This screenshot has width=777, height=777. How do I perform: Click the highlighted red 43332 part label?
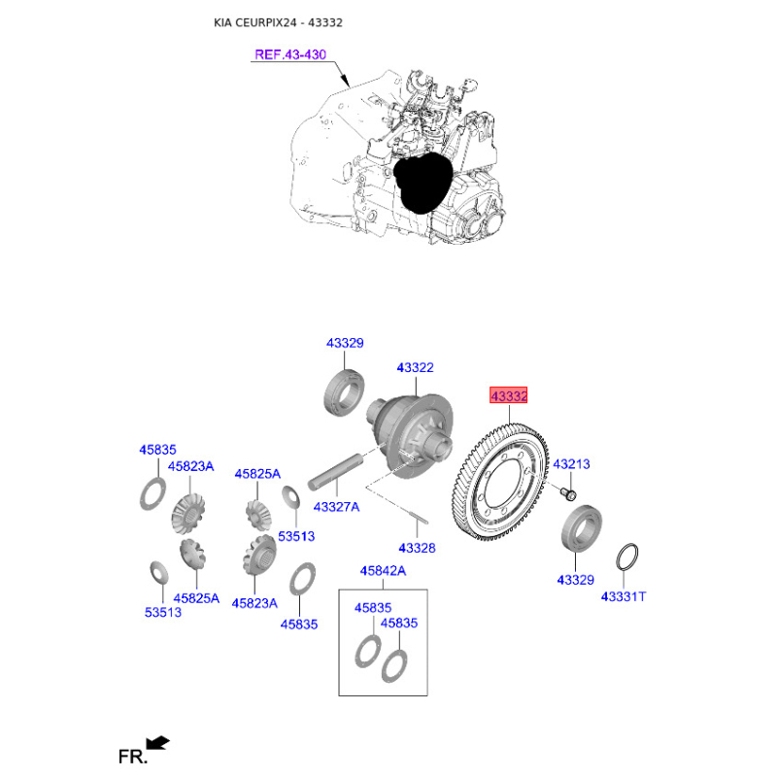click(508, 395)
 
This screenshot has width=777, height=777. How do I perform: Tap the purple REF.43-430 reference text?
click(290, 54)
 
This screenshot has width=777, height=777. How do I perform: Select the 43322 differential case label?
click(416, 367)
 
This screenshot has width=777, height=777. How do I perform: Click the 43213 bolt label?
click(571, 464)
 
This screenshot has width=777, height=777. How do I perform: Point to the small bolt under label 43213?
click(568, 493)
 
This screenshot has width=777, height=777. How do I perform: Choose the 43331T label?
click(624, 596)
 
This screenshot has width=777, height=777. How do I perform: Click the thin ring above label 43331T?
click(626, 557)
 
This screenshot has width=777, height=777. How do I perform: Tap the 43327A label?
click(336, 507)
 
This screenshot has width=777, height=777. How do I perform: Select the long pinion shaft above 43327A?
click(335, 471)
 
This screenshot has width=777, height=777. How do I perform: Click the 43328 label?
click(418, 548)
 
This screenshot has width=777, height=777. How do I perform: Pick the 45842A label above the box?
click(383, 571)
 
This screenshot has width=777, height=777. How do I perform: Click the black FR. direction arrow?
click(157, 743)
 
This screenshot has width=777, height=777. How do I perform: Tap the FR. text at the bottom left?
click(133, 757)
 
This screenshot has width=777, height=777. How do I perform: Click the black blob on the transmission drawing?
click(422, 182)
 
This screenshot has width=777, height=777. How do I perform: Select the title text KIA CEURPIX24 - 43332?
click(278, 22)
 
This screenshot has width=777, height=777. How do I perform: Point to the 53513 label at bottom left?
click(163, 612)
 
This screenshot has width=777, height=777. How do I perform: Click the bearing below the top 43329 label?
click(344, 392)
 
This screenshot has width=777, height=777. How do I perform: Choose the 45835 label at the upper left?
click(157, 450)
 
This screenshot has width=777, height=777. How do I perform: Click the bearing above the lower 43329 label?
click(581, 527)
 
